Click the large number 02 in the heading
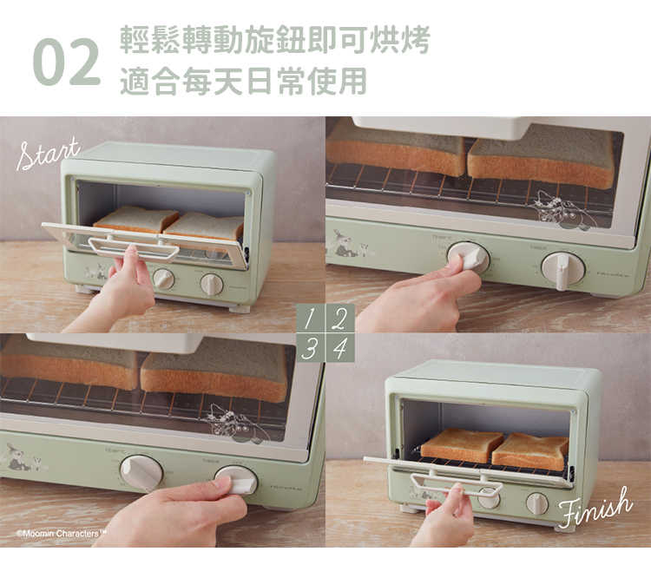(66, 62)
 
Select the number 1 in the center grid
(311, 318)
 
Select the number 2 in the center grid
(339, 318)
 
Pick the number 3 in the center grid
(311, 348)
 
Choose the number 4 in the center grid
(339, 348)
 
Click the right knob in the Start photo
(211, 284)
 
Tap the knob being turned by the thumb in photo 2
(468, 256)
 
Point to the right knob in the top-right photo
(562, 268)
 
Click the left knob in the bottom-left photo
(141, 472)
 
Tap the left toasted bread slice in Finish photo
(461, 444)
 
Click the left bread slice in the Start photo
(135, 220)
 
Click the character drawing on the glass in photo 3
(234, 423)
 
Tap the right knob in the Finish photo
(537, 503)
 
